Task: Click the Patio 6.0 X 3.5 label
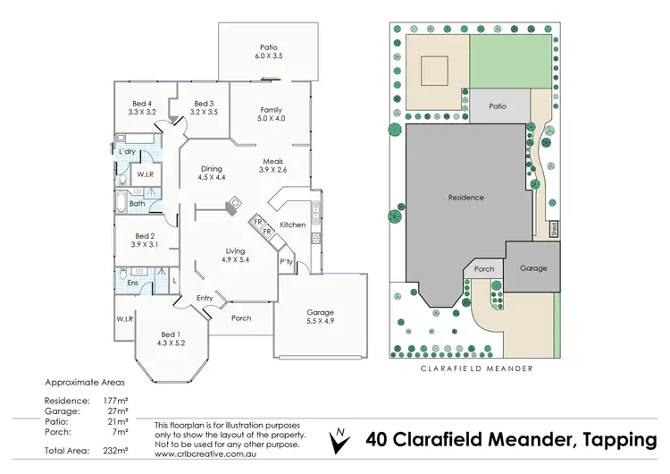pos(268,51)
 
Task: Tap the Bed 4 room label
pos(142,104)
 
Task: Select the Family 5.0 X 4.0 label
pos(271,114)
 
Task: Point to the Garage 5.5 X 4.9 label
pos(320,317)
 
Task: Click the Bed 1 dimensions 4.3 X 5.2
pos(171,343)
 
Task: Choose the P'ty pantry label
pos(286,261)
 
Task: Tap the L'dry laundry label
pos(127,151)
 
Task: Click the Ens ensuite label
pos(132,283)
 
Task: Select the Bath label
pos(138,204)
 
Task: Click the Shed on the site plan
pos(554,229)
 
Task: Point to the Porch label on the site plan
pos(484,269)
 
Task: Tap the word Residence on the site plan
pos(465,198)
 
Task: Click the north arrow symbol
pos(339,440)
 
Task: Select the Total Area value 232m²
pos(115,451)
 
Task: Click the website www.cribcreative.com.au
pos(205,454)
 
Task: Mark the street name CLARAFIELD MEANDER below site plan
pos(477,368)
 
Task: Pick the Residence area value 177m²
pos(115,401)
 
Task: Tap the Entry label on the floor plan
pos(205,298)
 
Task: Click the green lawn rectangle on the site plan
pos(510,62)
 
